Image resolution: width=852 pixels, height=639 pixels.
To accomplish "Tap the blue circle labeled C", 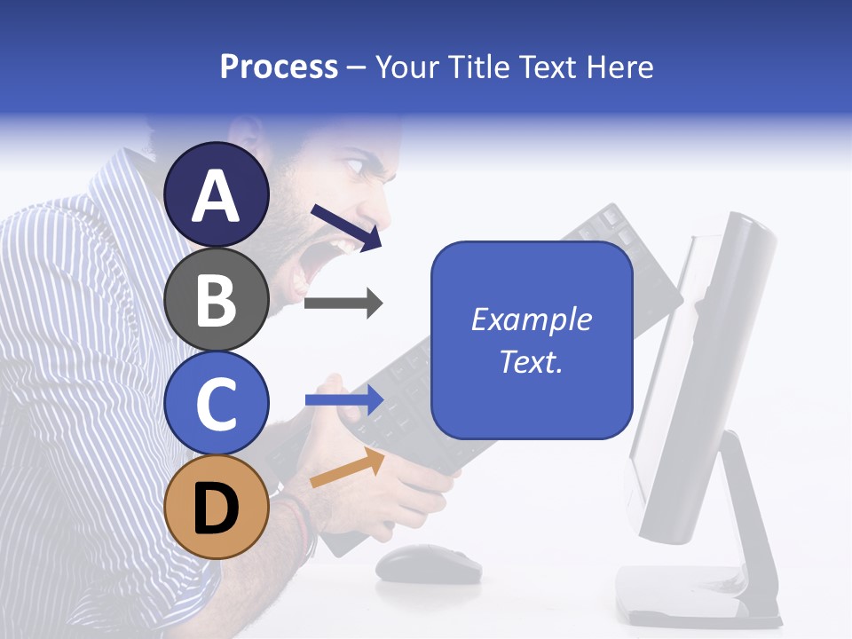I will tap(217, 402).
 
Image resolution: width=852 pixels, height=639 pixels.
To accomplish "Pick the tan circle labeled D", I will tap(217, 507).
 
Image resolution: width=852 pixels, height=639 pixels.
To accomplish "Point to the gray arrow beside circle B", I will tap(343, 304).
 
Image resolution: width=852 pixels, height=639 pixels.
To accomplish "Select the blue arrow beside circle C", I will tap(344, 399).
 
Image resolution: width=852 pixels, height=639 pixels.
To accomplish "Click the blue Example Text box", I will tap(532, 340).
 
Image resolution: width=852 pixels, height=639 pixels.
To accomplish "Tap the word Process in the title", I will tap(279, 67).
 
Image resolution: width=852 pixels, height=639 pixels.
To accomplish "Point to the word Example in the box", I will tap(532, 319).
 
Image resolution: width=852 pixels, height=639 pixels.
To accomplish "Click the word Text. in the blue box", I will tap(532, 361).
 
